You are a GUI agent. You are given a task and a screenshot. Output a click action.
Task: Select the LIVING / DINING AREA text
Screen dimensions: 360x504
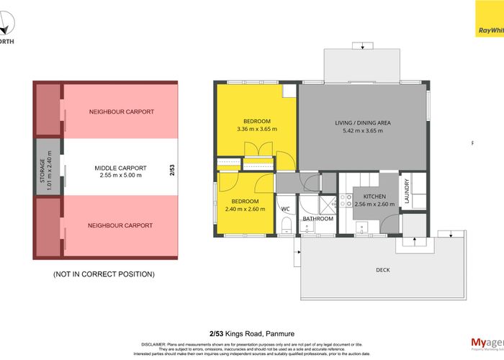(x=362, y=123)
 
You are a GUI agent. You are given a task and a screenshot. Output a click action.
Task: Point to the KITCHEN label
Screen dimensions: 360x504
(x=374, y=196)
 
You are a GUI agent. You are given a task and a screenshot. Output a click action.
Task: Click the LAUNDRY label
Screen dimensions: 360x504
(x=407, y=192)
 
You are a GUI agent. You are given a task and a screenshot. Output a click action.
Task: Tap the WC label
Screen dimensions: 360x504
(x=285, y=210)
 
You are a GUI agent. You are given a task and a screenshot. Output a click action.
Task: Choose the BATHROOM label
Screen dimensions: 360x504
(x=318, y=218)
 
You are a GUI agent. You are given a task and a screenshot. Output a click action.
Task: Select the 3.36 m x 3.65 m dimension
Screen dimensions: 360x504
(x=256, y=130)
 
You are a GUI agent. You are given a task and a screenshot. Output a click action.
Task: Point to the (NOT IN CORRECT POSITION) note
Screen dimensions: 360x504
(x=103, y=274)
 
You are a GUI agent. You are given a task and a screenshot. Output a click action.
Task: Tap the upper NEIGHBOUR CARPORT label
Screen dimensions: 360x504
(x=121, y=112)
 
